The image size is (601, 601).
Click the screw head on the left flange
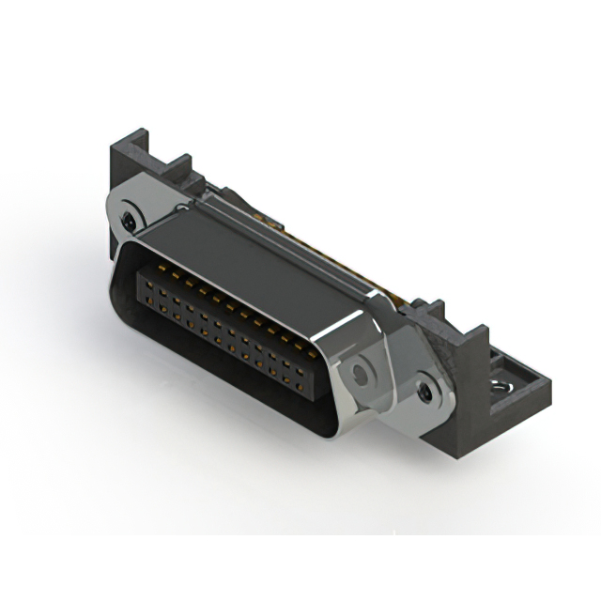tap(129, 221)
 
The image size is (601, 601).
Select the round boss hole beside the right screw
tap(359, 375)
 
